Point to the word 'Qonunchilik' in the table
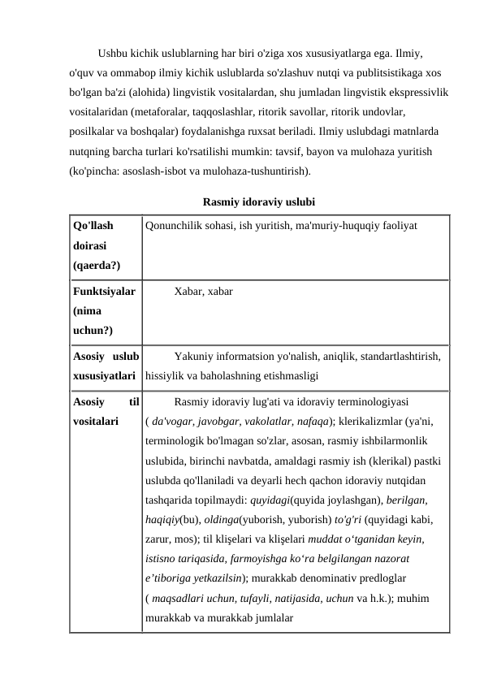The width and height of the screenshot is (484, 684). pos(173,226)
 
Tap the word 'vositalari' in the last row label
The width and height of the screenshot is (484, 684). pos(95,422)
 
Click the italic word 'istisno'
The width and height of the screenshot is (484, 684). pos(163,558)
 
